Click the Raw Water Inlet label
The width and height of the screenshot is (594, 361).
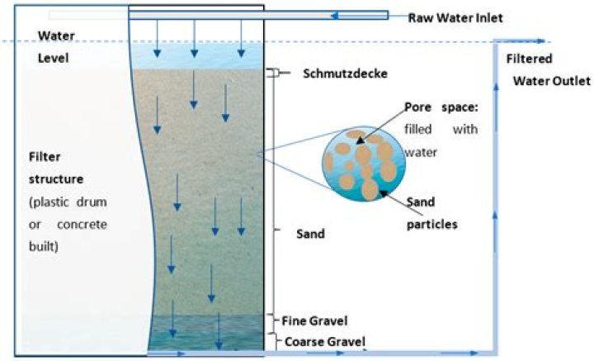click(455, 18)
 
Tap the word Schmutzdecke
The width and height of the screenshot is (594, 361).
click(345, 74)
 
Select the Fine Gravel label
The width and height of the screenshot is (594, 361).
click(314, 321)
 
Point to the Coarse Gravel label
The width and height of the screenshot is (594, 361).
click(325, 342)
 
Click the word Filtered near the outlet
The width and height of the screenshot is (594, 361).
click(529, 59)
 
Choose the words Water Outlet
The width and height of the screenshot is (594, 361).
click(552, 81)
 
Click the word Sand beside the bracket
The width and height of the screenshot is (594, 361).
click(310, 234)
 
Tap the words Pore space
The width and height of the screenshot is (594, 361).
click(441, 107)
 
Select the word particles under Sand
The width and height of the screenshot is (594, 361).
click(431, 224)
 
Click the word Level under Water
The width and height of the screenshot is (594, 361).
click(54, 58)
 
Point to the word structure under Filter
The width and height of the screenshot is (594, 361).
click(56, 178)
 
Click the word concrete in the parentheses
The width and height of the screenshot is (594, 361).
click(82, 224)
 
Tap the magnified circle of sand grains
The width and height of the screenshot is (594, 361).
click(364, 164)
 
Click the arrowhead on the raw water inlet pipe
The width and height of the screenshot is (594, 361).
click(334, 16)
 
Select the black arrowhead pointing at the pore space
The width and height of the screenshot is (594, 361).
click(360, 140)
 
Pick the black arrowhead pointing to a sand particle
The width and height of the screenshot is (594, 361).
click(384, 193)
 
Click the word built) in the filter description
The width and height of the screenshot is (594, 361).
click(44, 246)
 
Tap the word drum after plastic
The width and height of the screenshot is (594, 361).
click(92, 202)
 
